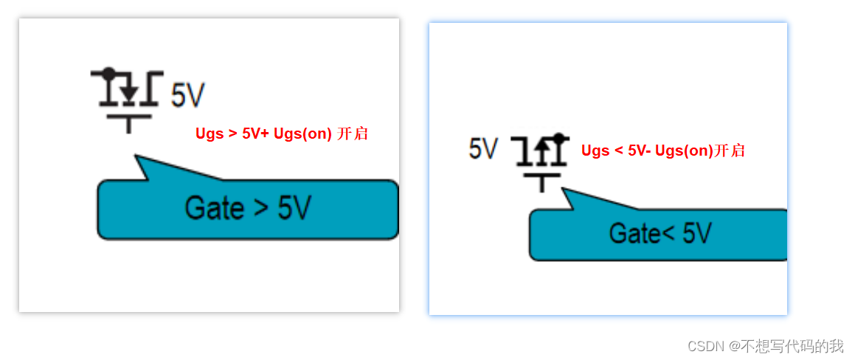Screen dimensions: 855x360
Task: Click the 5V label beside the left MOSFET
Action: click(187, 96)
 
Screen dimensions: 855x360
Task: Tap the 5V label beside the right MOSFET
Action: click(483, 149)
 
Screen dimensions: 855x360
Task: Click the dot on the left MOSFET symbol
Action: click(109, 73)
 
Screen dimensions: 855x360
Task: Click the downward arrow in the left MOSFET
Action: click(129, 93)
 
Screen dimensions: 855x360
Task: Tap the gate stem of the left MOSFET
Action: click(129, 125)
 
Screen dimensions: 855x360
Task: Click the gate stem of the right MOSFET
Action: click(542, 184)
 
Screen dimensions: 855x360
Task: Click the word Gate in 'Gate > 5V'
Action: click(214, 209)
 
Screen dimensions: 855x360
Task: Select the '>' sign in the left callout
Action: click(260, 210)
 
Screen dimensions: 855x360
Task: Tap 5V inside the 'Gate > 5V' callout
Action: click(294, 209)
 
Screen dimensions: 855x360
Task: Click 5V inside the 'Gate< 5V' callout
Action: click(696, 235)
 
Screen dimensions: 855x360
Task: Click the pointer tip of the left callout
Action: click(136, 156)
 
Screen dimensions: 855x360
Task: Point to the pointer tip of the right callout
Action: click(563, 189)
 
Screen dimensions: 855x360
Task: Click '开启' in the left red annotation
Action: click(352, 134)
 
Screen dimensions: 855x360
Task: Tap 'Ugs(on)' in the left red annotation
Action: click(302, 134)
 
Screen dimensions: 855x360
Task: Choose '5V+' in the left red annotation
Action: click(255, 134)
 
